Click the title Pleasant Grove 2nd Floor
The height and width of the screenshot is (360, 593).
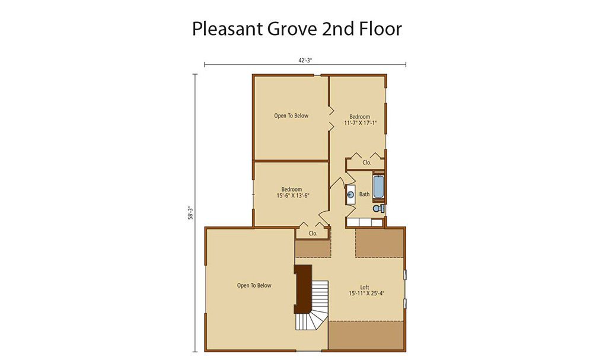click(x=297, y=29)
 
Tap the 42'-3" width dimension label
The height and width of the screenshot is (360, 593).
click(x=305, y=60)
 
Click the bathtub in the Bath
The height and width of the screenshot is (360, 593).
click(x=378, y=187)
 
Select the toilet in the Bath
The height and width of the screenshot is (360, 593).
click(x=378, y=208)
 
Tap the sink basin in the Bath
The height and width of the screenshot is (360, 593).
click(x=351, y=195)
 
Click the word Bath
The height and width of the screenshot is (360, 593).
click(x=365, y=195)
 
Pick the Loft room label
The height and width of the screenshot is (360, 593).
click(x=365, y=287)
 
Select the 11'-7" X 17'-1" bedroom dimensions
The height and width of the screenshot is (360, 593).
click(x=360, y=123)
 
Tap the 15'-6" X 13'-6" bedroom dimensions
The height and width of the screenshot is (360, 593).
click(x=293, y=196)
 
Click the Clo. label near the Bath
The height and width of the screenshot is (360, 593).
click(x=367, y=163)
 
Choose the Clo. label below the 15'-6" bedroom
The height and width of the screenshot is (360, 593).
click(x=313, y=233)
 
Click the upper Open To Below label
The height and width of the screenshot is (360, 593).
click(x=291, y=116)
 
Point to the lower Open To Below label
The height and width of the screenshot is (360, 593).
click(x=254, y=285)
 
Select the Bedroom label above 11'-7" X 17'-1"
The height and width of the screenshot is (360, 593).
click(x=360, y=117)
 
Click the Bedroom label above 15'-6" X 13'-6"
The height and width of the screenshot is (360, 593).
click(x=292, y=189)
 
